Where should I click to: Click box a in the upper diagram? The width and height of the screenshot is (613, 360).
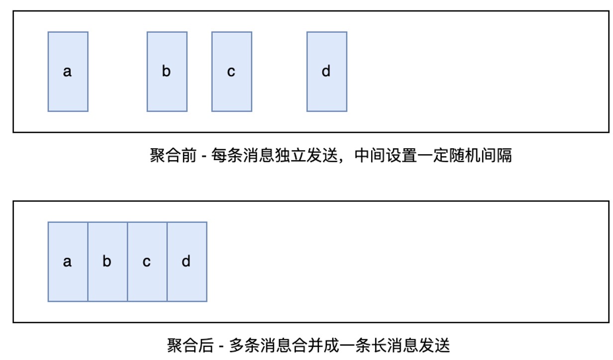pyautogui.click(x=68, y=72)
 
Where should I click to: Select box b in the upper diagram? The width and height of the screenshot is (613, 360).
pyautogui.click(x=167, y=72)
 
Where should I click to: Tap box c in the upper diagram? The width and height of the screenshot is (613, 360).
pyautogui.click(x=231, y=72)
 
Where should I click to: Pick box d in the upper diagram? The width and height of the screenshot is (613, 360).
pyautogui.click(x=327, y=72)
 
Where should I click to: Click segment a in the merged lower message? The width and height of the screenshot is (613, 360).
pyautogui.click(x=68, y=262)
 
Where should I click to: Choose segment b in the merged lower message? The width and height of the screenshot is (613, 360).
pyautogui.click(x=107, y=262)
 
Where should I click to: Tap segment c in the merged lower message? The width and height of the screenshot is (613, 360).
pyautogui.click(x=147, y=262)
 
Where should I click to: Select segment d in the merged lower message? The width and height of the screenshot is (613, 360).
pyautogui.click(x=187, y=262)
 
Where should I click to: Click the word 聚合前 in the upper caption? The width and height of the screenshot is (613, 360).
pyautogui.click(x=173, y=155)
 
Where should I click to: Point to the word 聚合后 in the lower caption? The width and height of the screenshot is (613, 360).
pyautogui.click(x=190, y=345)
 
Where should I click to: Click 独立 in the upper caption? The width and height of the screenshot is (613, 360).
pyautogui.click(x=290, y=155)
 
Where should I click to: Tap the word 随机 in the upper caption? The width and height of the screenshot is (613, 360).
pyautogui.click(x=465, y=155)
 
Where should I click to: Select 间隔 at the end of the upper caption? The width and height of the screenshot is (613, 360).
pyautogui.click(x=496, y=155)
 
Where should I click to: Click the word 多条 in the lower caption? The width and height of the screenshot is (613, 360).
pyautogui.click(x=244, y=345)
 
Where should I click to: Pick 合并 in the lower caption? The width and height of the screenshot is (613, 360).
pyautogui.click(x=307, y=345)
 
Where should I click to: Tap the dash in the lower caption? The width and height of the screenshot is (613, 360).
pyautogui.click(x=221, y=347)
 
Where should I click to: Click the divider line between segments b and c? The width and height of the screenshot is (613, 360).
pyautogui.click(x=127, y=262)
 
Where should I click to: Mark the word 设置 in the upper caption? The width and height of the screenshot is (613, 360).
pyautogui.click(x=402, y=155)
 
